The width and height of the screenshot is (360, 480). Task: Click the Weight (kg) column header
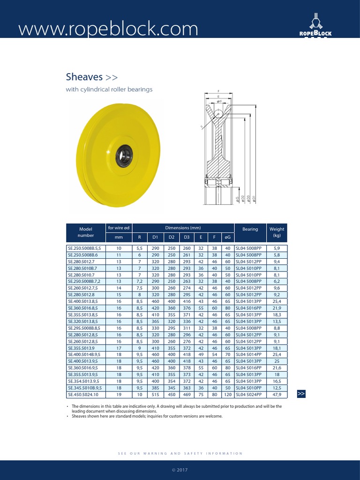click(x=277, y=232)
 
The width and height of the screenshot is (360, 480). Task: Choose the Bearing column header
click(x=250, y=229)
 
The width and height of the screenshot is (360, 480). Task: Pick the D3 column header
click(x=187, y=237)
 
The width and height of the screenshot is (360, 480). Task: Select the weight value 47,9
click(x=277, y=395)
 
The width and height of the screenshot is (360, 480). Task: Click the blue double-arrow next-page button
click(x=301, y=394)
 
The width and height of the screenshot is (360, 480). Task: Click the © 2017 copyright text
click(x=180, y=469)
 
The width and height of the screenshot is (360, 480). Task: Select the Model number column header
click(x=87, y=232)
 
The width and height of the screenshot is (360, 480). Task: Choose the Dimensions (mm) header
click(x=183, y=227)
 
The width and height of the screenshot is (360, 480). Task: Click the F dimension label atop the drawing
click(x=218, y=91)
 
